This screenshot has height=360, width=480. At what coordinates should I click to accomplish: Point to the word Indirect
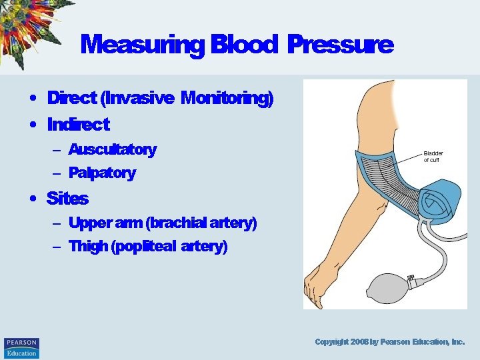78,124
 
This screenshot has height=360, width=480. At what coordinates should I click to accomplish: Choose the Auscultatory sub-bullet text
112,149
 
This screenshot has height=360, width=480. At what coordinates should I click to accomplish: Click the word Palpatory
102,173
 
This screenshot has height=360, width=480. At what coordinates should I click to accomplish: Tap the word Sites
67,198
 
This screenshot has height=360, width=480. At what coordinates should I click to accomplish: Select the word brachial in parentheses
174,223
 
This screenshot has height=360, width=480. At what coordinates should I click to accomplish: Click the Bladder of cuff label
433,157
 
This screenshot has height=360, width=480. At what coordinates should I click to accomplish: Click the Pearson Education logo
21,348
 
